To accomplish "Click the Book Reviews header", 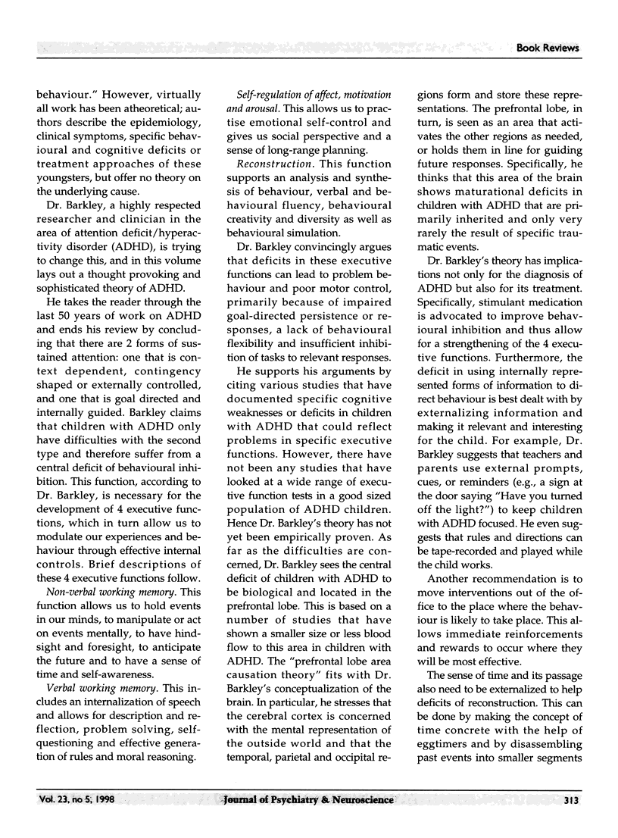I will point(548,48).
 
